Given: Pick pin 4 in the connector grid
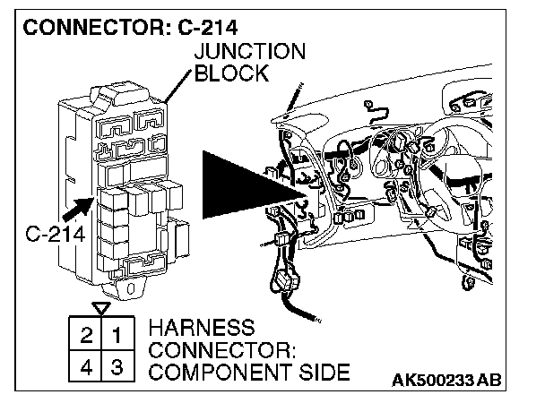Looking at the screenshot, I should click(86, 366).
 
